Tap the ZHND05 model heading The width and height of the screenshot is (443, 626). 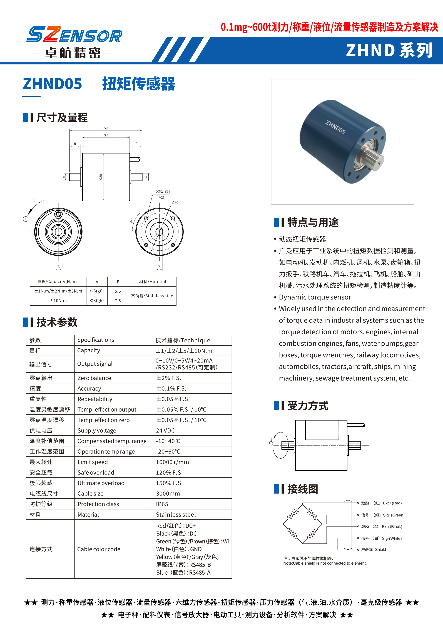tap(52, 84)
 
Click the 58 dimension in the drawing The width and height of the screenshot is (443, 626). tap(106, 128)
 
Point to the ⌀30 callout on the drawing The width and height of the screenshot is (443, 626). tap(175, 203)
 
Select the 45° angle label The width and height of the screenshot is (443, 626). tap(132, 220)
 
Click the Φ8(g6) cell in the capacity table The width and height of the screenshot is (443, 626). tap(97, 300)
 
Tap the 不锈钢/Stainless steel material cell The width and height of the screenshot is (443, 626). tap(153, 296)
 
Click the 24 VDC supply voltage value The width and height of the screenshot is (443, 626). tap(165, 431)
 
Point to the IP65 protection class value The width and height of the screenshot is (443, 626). tap(162, 504)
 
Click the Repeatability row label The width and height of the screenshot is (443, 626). tap(95, 399)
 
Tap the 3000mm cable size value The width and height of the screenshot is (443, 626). tap(168, 494)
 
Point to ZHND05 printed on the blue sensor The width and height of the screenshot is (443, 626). tap(335, 127)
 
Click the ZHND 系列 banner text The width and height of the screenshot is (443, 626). tap(389, 51)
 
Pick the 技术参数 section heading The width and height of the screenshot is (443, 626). tap(57, 322)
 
